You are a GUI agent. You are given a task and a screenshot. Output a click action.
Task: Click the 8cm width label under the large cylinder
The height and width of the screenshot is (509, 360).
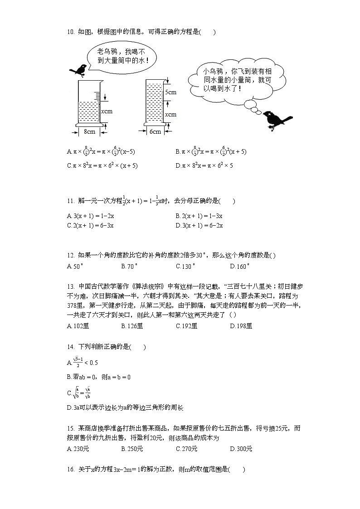pyautogui.click(x=89, y=131)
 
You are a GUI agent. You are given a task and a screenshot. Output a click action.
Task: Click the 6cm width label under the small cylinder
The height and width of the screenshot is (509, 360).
pyautogui.click(x=155, y=131)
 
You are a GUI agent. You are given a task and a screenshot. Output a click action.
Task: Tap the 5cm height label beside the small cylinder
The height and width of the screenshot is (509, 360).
pyautogui.click(x=170, y=92)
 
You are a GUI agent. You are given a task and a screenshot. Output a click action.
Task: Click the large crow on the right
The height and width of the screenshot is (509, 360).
pyautogui.click(x=277, y=120)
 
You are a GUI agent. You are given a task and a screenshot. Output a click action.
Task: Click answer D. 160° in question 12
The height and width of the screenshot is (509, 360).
pyautogui.click(x=240, y=267)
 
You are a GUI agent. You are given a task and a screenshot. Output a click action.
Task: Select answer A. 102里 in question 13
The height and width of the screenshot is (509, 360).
pyautogui.click(x=77, y=325)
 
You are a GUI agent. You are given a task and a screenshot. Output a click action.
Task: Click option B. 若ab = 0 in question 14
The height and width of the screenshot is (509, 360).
pyautogui.click(x=98, y=377)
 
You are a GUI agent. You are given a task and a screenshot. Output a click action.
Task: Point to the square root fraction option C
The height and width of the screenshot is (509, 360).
pyautogui.click(x=79, y=392)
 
